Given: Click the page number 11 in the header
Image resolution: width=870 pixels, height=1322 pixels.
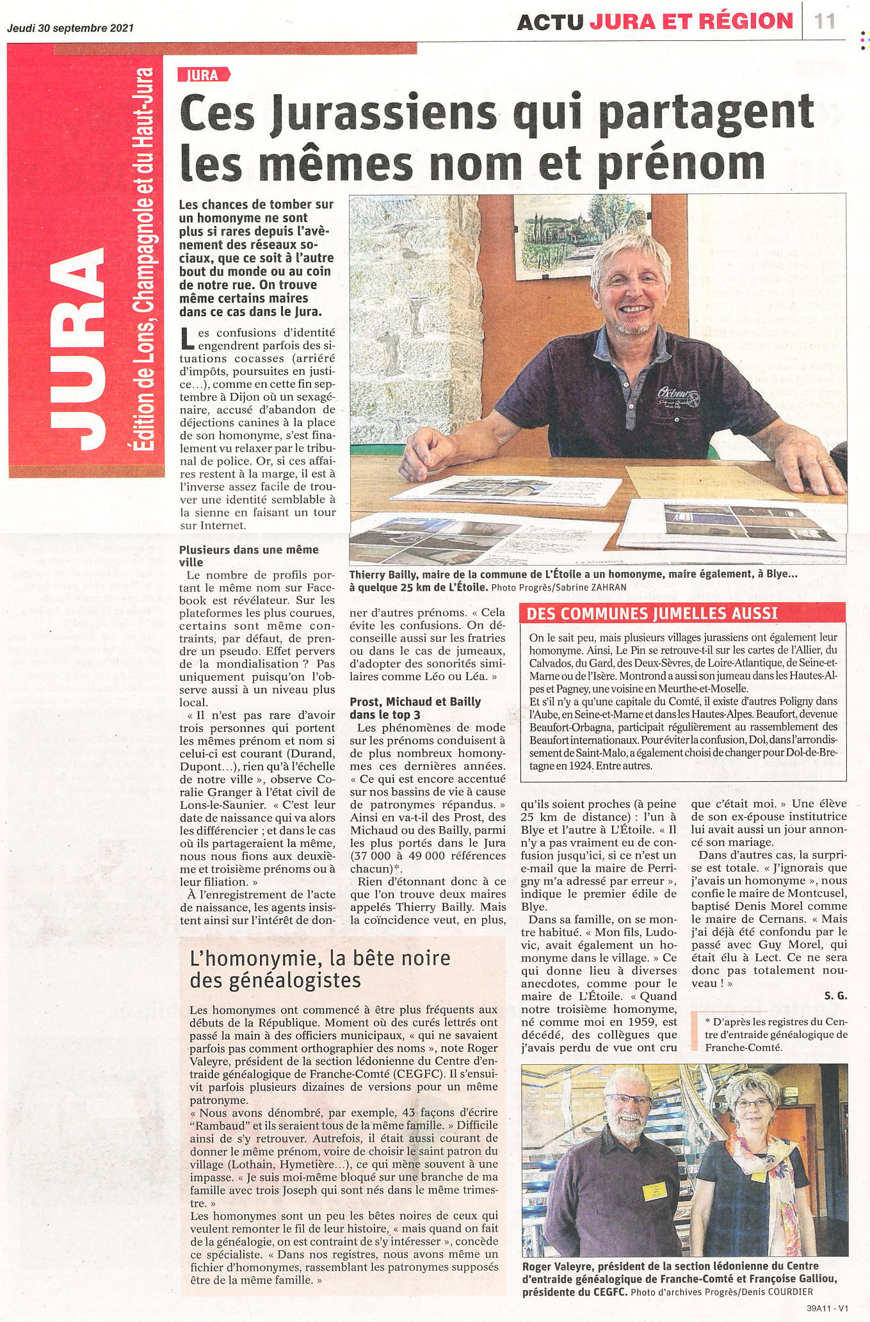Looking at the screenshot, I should point(825,21).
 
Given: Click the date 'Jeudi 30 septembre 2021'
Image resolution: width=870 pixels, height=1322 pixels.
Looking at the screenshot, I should point(70,28).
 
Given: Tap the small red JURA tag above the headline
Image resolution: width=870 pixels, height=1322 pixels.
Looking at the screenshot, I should point(203,75).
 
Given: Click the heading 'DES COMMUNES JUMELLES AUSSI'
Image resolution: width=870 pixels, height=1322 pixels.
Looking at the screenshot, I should point(652,614).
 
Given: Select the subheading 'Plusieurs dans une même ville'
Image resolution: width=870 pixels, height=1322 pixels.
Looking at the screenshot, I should point(249,556).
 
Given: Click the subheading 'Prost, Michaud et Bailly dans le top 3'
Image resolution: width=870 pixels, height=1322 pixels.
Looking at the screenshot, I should point(415,708).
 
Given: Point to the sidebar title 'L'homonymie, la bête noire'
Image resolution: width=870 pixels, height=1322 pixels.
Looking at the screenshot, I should point(320,958).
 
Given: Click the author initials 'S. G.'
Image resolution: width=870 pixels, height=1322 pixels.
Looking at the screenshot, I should point(835,996).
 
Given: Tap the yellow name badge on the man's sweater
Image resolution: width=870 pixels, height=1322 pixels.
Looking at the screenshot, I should point(655,1191).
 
